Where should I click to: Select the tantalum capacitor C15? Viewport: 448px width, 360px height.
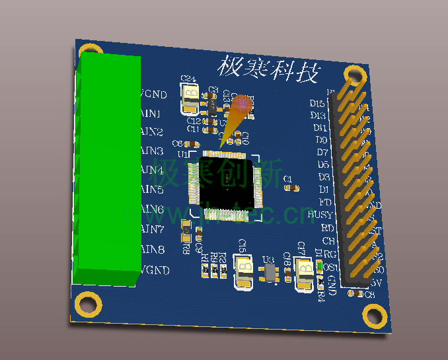pyautogui.click(x=243, y=273)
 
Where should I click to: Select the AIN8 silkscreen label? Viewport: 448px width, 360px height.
pyautogui.click(x=153, y=250)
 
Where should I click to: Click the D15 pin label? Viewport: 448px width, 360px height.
pyautogui.click(x=317, y=104)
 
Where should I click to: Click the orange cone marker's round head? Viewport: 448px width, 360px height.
pyautogui.click(x=243, y=105)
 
